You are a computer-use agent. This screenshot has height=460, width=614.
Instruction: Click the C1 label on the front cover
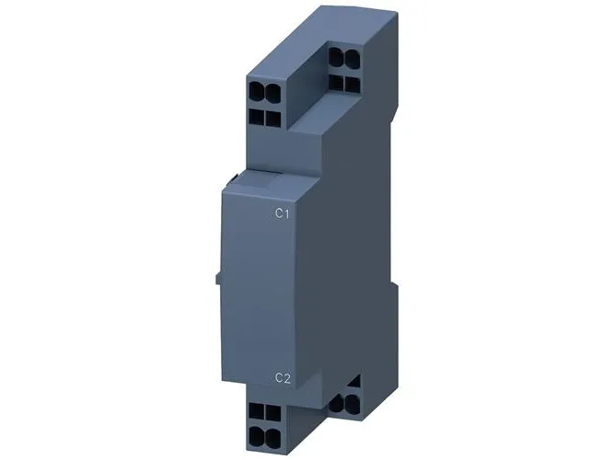click(x=283, y=213)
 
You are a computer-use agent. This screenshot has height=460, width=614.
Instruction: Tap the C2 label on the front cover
click(x=284, y=378)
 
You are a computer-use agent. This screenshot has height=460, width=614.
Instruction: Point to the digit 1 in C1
click(x=287, y=213)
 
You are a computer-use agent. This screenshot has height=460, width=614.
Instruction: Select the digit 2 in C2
click(x=287, y=378)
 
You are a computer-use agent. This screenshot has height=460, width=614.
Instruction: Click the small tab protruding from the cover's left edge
click(x=218, y=279)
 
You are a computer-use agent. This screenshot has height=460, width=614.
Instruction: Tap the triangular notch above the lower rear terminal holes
click(x=354, y=381)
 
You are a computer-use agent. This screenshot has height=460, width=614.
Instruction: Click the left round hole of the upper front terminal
click(x=257, y=91)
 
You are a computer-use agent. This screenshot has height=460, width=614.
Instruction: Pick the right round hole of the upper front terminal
click(x=272, y=91)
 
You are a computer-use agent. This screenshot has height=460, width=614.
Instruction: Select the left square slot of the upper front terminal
click(x=257, y=117)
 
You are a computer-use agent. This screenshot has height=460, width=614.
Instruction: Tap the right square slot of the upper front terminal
click(x=272, y=119)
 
